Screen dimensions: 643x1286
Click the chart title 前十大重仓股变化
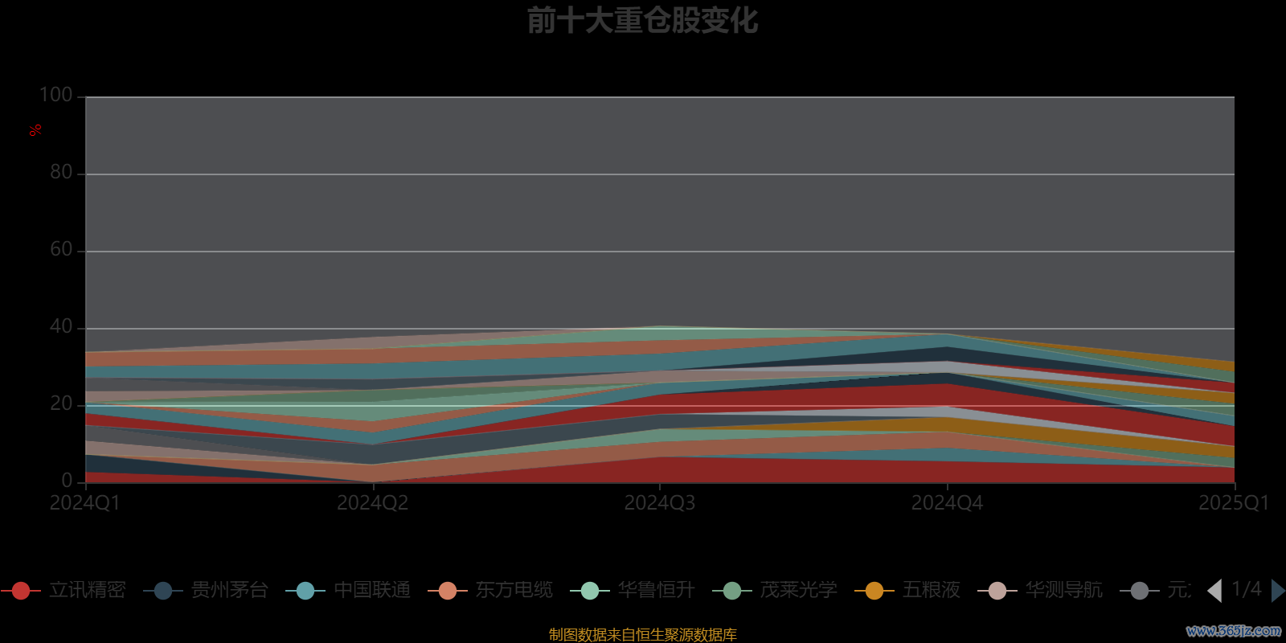click(x=642, y=21)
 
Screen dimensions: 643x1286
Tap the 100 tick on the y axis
click(x=56, y=96)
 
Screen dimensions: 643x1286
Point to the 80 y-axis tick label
click(x=61, y=172)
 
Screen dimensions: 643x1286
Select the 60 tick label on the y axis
click(x=61, y=249)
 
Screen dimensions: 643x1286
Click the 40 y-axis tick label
click(x=61, y=326)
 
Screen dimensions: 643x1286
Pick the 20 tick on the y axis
click(x=61, y=403)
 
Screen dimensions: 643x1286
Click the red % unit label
click(x=35, y=130)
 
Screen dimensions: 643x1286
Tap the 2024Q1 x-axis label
click(x=84, y=503)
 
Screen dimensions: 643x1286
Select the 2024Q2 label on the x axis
click(x=372, y=503)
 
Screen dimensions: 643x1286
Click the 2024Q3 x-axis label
click(x=659, y=503)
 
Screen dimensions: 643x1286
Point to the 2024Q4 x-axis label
click(x=947, y=503)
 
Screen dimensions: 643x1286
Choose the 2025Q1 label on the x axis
click(x=1233, y=503)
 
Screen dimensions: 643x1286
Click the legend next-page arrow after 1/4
click(x=1277, y=591)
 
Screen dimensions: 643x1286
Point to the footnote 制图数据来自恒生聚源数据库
click(x=642, y=635)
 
